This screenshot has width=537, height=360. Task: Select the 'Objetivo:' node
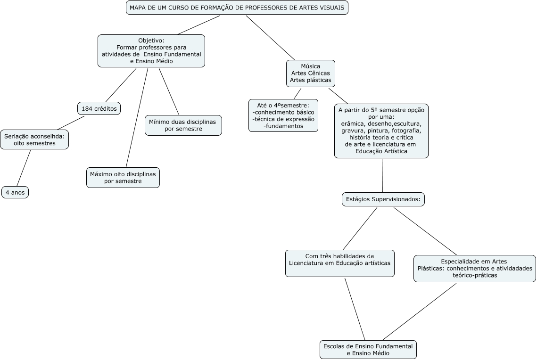151,51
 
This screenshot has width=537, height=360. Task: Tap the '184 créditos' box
99,108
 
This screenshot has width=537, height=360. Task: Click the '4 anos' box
15,192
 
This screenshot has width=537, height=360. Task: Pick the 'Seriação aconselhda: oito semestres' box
34,139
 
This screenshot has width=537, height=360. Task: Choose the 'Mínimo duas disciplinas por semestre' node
182,125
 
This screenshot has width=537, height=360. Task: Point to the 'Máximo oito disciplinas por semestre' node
123,177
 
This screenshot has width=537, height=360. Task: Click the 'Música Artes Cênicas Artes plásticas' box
311,74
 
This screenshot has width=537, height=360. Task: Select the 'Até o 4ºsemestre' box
283,115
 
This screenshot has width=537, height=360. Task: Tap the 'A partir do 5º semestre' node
381,131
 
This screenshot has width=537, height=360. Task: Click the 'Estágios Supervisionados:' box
383,199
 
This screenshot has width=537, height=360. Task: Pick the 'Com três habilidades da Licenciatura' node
339,263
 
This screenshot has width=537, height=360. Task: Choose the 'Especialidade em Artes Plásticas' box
474,269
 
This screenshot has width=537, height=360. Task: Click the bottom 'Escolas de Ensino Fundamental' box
368,350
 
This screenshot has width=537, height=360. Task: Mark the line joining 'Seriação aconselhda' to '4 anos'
24,168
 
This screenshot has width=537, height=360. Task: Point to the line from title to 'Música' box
270,38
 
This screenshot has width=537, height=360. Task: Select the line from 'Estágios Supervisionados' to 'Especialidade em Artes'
425,231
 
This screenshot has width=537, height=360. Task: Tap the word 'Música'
311,66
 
